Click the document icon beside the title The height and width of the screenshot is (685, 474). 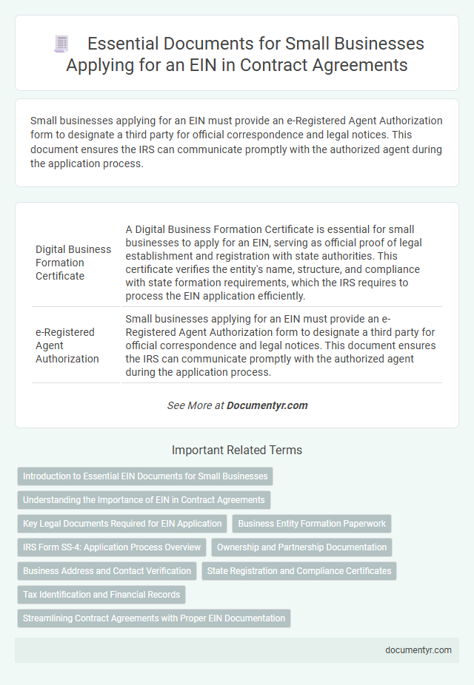point(61,44)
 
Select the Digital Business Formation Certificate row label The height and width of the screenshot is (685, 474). point(73,263)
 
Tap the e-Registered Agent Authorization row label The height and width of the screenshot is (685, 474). point(67,345)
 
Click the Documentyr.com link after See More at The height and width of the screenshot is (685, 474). point(267,405)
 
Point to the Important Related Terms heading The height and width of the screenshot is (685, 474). point(237,450)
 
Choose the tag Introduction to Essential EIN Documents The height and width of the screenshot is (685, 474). point(145,476)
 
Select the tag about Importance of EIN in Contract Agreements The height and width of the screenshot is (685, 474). point(144,500)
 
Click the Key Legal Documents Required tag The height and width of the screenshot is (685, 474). point(122,524)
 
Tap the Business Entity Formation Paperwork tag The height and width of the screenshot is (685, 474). point(312,524)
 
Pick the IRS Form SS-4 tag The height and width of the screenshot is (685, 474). point(112,547)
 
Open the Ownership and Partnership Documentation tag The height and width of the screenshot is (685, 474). point(301,547)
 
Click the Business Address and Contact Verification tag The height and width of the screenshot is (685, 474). point(107,571)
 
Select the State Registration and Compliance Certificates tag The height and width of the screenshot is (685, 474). point(299,571)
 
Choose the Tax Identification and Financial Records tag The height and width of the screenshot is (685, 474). point(101,595)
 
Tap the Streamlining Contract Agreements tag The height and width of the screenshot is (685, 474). point(154,618)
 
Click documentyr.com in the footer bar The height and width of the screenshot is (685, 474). point(418,650)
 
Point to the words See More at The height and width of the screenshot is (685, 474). point(195,405)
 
